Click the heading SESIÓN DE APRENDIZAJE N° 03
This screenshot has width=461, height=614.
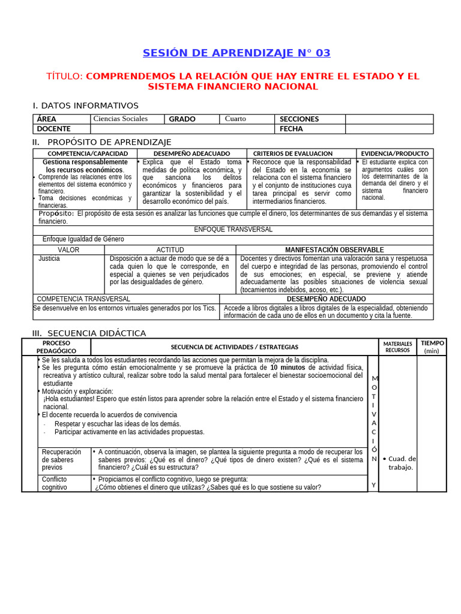click(x=237, y=53)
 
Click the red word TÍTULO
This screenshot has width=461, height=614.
click(x=65, y=76)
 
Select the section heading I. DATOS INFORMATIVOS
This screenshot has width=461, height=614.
click(x=85, y=106)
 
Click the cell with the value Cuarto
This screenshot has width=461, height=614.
click(x=235, y=119)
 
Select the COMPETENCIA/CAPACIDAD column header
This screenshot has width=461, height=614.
click(x=85, y=153)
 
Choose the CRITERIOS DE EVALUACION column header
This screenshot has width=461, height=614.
click(x=301, y=153)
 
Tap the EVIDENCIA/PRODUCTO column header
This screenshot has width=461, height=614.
click(x=395, y=153)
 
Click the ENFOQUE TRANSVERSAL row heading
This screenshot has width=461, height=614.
click(x=233, y=230)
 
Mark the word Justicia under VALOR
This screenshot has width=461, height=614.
click(x=49, y=258)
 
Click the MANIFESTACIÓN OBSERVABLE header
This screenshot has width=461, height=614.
click(x=334, y=249)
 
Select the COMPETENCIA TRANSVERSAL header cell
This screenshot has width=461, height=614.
click(x=83, y=299)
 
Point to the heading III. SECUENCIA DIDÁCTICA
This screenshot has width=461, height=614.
click(x=89, y=333)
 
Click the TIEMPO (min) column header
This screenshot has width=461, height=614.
click(x=432, y=347)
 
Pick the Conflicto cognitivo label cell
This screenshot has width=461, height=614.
click(x=55, y=483)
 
